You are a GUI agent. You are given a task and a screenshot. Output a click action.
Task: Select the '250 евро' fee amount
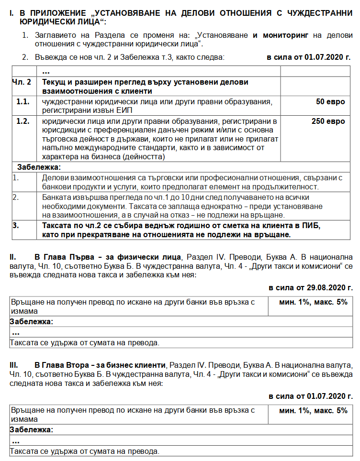pos(328,121)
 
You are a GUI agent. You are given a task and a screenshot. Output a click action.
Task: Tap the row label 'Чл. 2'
pos(22,82)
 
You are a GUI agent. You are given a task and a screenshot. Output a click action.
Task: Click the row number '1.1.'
pos(23,102)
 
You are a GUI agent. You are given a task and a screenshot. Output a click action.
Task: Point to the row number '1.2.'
pos(23,121)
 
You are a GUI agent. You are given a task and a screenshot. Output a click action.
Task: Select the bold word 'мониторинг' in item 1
pos(285,35)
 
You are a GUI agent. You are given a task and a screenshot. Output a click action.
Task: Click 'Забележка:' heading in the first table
pos(39,167)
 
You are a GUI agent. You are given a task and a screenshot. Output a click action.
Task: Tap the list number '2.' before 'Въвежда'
pos(25,57)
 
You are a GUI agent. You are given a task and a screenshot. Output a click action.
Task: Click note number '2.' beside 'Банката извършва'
pos(15,198)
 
